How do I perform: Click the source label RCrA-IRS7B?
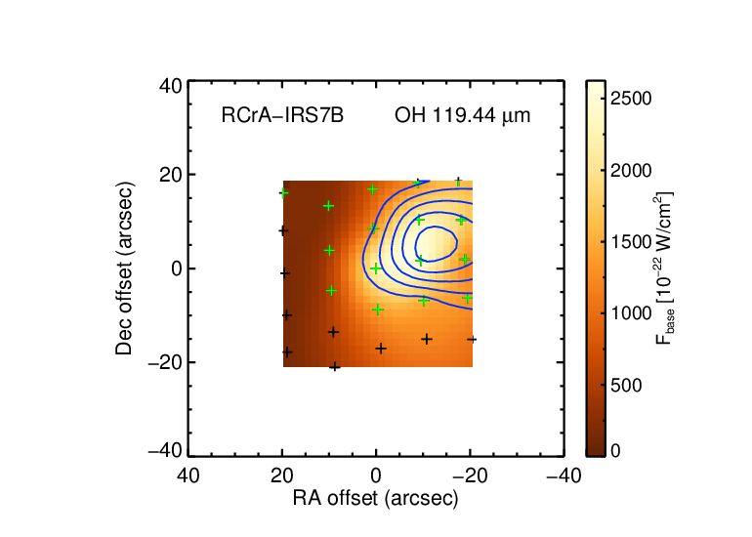tap(282, 115)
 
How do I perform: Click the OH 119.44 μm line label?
tap(462, 115)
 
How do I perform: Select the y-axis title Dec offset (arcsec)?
tap(124, 268)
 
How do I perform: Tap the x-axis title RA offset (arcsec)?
tap(376, 499)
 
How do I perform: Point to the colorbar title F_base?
tap(664, 268)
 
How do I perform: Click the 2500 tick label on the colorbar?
tap(631, 99)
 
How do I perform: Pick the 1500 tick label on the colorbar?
tap(631, 242)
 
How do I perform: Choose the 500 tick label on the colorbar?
tap(626, 385)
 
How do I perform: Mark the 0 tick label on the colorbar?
tap(615, 451)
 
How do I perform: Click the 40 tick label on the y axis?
tap(171, 87)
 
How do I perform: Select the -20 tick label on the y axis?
tap(165, 363)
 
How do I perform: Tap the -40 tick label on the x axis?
tap(564, 476)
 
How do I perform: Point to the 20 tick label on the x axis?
tap(282, 476)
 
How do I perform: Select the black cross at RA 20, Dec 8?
tap(283, 231)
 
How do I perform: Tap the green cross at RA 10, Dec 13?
tap(328, 206)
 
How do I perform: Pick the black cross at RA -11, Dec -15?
tap(427, 340)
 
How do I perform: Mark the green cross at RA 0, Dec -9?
tap(378, 310)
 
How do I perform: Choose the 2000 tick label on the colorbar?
tap(631, 170)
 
